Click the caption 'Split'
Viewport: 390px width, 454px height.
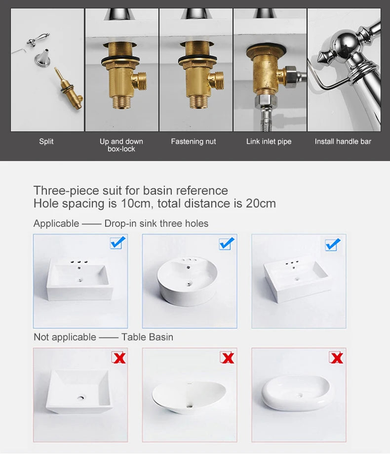[x=46, y=141]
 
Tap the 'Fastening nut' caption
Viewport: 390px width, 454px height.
[x=193, y=141]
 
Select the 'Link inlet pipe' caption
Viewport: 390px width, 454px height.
[x=269, y=141]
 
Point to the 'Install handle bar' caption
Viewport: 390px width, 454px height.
[x=343, y=141]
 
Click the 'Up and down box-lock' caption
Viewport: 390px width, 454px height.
[x=121, y=145]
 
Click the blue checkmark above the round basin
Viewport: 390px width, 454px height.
[x=226, y=244]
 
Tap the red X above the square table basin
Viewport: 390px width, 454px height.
[x=119, y=358]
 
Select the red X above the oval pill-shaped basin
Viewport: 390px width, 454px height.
[x=336, y=358]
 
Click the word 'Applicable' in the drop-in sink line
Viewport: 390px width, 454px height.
[x=56, y=223]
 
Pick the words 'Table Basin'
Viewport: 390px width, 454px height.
[x=147, y=337]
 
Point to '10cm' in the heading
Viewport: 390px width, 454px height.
[x=136, y=204]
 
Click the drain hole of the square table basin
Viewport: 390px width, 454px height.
[x=81, y=398]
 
